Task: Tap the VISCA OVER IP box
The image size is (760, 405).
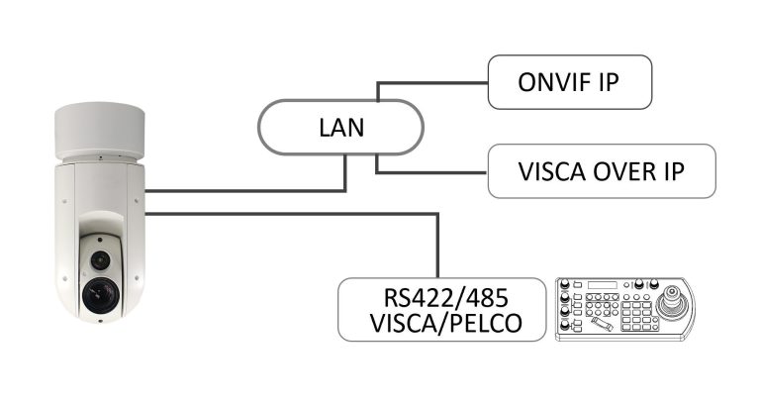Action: [x=601, y=171]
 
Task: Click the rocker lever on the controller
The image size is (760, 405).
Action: [x=597, y=325]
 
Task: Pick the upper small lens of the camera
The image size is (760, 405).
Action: [x=99, y=258]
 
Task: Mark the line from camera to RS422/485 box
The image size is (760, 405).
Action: [x=297, y=211]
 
